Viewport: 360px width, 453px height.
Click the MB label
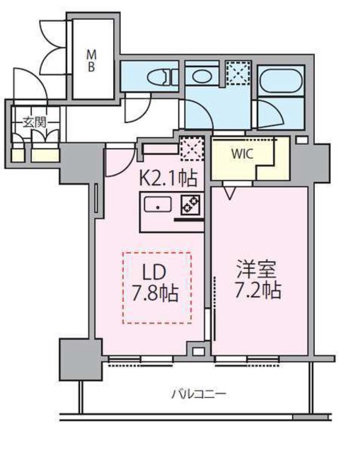pyautogui.click(x=92, y=59)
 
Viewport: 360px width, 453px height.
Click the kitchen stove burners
pyautogui.click(x=190, y=205)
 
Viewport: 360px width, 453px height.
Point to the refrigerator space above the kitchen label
pyautogui.click(x=191, y=149)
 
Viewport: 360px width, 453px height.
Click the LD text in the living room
pyautogui.click(x=158, y=273)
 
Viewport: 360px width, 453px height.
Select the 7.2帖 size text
pyautogui.click(x=258, y=291)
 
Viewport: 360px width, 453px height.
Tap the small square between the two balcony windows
pyautogui.click(x=199, y=351)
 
